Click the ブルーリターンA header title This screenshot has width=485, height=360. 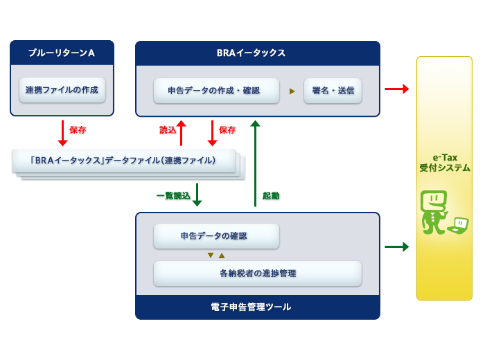(62, 53)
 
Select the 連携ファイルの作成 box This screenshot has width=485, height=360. (62, 90)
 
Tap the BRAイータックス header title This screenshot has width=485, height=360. (251, 53)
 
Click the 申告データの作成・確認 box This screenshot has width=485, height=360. (216, 91)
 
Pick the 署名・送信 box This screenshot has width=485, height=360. (333, 91)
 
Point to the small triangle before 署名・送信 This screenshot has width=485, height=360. (292, 91)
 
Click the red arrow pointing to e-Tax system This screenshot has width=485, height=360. (397, 89)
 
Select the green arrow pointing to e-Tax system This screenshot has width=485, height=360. (397, 246)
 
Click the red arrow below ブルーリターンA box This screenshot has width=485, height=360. (63, 133)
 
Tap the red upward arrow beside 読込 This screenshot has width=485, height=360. (182, 133)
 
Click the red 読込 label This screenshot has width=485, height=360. (168, 129)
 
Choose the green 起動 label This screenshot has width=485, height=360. (271, 196)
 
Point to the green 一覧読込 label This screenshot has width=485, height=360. (173, 196)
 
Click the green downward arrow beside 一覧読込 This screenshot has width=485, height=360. (197, 195)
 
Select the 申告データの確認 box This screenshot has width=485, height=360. (216, 236)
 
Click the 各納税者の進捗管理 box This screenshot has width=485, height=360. (258, 273)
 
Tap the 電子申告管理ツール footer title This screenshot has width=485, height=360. (251, 307)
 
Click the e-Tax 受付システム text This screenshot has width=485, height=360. (445, 163)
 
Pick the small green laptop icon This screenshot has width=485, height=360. (458, 226)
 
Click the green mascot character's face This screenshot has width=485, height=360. (434, 200)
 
